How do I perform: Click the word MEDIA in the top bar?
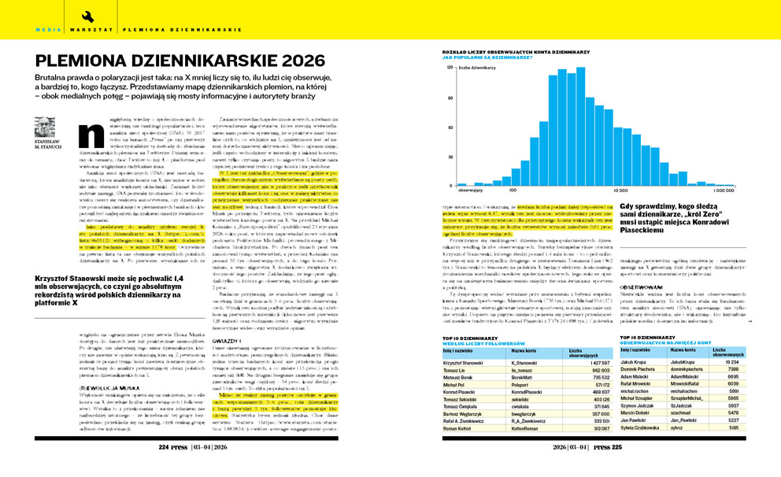click(46, 29)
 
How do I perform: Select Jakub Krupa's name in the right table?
click(637, 361)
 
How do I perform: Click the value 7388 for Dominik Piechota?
click(731, 369)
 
